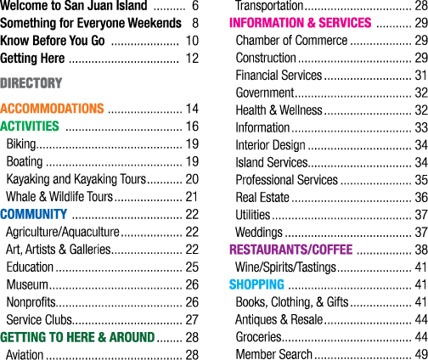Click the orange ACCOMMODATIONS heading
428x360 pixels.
click(52, 109)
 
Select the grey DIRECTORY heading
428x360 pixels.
click(31, 83)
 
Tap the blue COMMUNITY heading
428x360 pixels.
click(34, 214)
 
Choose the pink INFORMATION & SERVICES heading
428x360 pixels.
click(300, 23)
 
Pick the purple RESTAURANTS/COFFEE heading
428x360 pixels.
click(291, 250)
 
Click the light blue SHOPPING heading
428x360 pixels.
click(256, 284)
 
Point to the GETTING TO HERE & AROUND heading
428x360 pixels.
click(77, 337)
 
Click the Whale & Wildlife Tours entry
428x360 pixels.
click(59, 197)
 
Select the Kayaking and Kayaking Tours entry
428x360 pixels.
click(76, 179)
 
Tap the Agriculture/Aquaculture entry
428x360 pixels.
click(63, 232)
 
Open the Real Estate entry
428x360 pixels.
click(262, 197)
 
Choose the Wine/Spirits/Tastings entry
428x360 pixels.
click(285, 267)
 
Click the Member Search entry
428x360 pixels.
click(274, 354)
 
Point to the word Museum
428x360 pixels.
click(27, 284)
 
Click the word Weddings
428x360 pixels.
click(259, 233)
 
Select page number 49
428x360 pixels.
click(421, 354)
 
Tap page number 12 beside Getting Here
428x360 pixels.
click(192, 59)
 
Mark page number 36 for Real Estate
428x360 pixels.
click(421, 197)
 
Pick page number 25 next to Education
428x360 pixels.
click(192, 267)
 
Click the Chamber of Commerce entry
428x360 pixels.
click(291, 40)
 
